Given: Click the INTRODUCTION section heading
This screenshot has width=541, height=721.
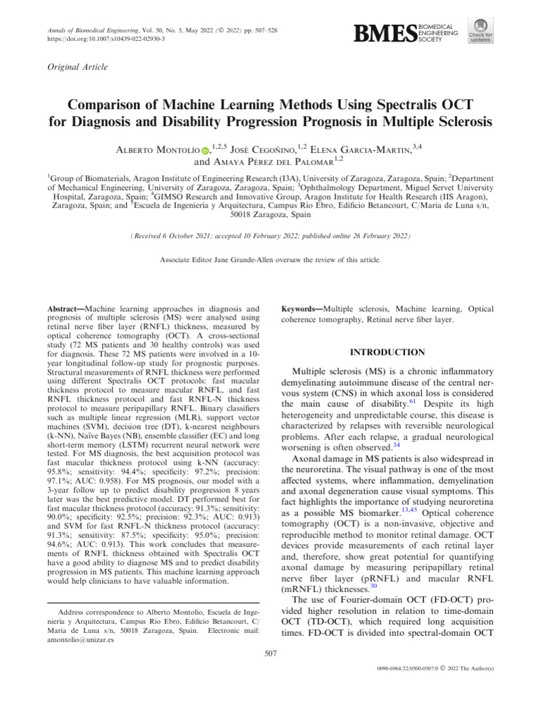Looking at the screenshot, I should click(388, 352).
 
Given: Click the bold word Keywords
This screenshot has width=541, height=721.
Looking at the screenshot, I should click(301, 308).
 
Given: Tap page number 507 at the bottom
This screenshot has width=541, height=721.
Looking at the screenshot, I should click(270, 655).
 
